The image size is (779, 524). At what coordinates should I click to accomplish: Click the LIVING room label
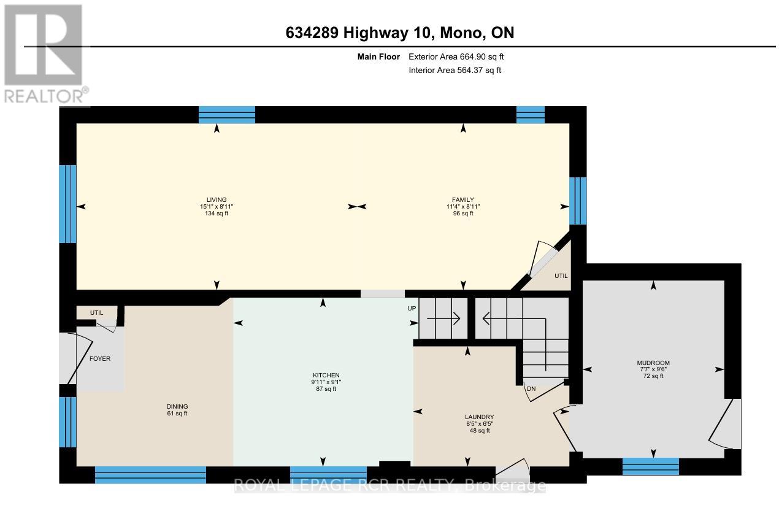[217, 199]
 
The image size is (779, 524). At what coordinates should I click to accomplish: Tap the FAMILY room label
[463, 199]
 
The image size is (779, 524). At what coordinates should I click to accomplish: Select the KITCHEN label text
[326, 375]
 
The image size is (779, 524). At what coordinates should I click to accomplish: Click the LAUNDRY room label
[479, 417]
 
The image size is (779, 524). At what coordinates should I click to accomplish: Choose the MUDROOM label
[653, 363]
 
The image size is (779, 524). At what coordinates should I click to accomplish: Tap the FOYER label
[100, 358]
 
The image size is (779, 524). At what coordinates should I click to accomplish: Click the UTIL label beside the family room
[561, 276]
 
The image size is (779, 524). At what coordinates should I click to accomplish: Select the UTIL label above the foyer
[96, 313]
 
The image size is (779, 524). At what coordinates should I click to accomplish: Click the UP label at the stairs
[412, 308]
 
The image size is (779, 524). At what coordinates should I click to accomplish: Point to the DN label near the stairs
[531, 388]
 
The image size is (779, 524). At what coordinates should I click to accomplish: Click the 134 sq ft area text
[217, 214]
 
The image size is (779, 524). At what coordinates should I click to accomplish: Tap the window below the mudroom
[650, 466]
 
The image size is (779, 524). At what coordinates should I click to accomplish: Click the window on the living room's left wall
[67, 204]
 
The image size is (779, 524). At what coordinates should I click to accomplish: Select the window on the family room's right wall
[578, 201]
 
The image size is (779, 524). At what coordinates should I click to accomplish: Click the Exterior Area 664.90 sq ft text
[456, 56]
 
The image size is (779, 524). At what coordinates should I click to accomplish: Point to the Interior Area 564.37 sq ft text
[455, 71]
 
